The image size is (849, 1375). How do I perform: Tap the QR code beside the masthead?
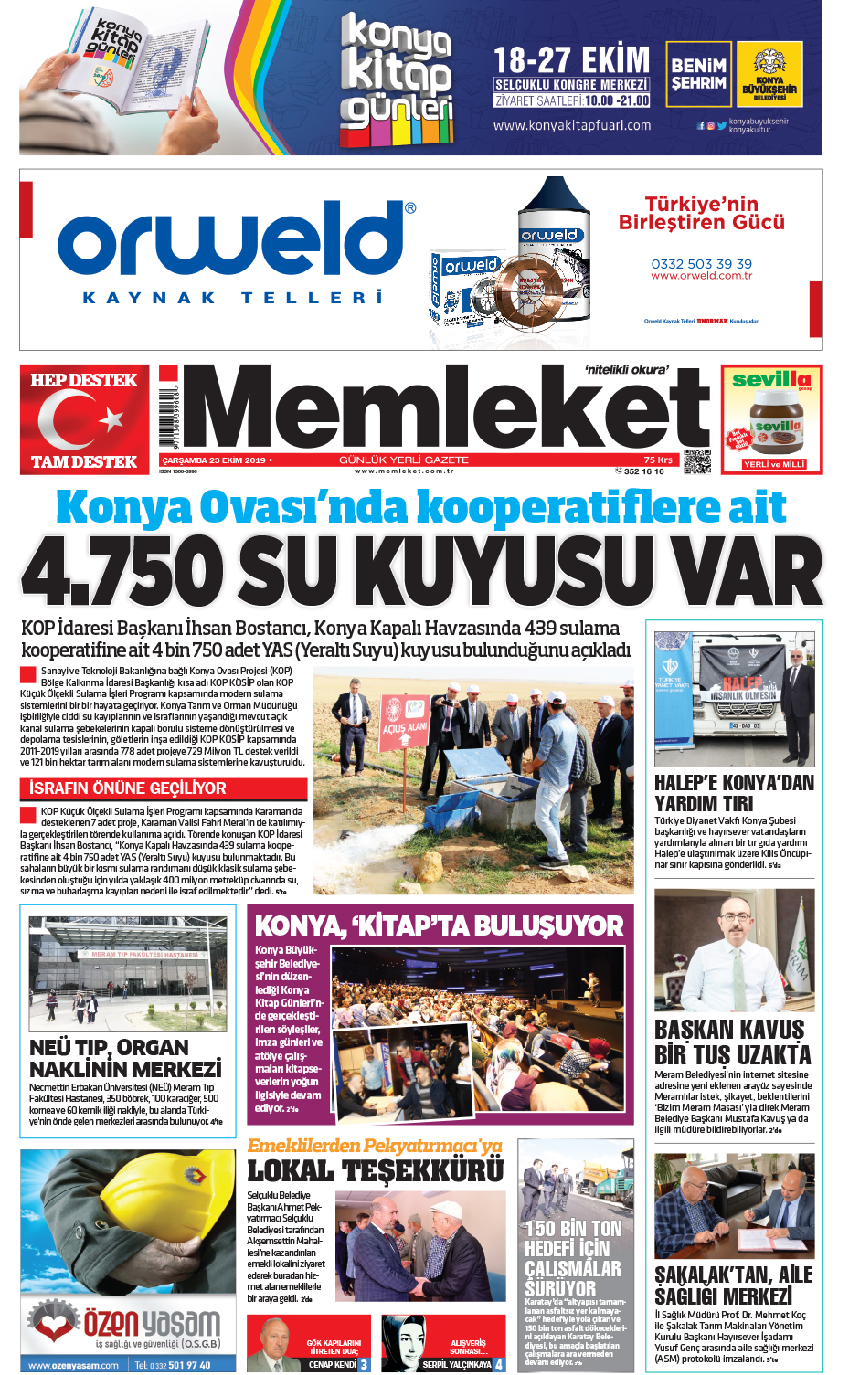pos(696,461)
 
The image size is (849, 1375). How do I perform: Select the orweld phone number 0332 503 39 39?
pos(701,263)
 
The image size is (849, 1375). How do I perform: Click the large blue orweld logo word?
pos(228,242)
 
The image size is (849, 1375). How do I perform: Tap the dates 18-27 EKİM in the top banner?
pos(571,61)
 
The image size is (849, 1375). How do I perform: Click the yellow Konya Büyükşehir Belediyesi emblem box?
pos(769,75)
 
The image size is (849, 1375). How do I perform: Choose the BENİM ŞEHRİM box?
pos(698,75)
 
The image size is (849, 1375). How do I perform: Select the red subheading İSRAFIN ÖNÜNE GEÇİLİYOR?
pos(128,788)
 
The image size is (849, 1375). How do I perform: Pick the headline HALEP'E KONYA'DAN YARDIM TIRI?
pos(733,793)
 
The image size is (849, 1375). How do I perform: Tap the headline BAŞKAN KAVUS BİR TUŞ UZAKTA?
pos(731,1042)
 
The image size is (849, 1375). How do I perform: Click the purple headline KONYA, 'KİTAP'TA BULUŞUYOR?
pos(439,925)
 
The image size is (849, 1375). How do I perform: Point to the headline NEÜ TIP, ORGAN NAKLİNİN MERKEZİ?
pos(125,1058)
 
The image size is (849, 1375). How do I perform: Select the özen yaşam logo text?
pos(152,1322)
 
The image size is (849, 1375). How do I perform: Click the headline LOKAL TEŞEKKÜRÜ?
pos(375,1171)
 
